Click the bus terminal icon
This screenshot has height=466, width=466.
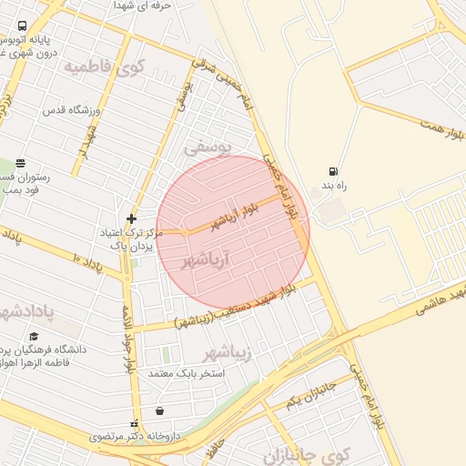coord(22,26)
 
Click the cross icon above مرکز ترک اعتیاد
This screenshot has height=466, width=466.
coord(131,218)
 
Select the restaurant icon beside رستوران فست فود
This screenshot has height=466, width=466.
coord(21,164)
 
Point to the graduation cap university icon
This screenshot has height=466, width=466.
coord(34,336)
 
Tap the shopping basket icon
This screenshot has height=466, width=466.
coord(160,410)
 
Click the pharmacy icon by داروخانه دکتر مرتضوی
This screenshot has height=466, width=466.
coord(136,423)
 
